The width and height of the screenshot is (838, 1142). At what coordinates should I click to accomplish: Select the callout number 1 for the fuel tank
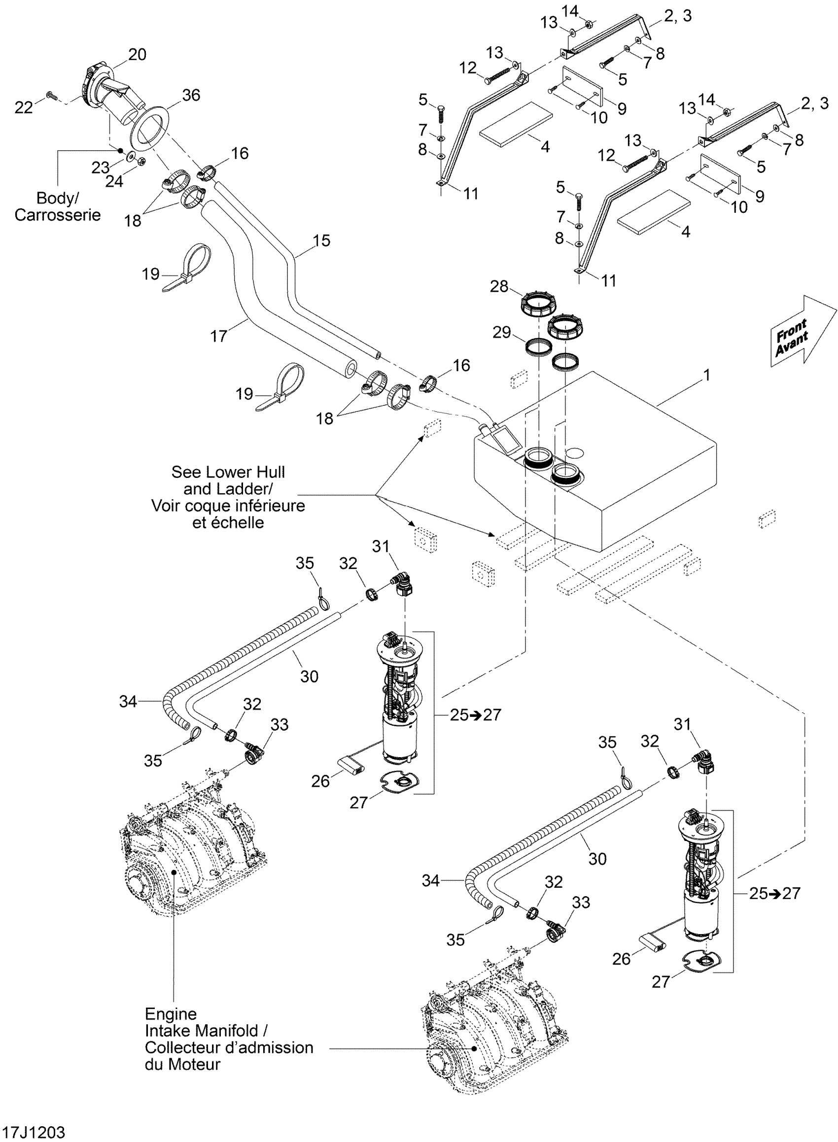pyautogui.click(x=706, y=375)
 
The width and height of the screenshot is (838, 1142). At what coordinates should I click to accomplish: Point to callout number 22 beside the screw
pyautogui.click(x=23, y=107)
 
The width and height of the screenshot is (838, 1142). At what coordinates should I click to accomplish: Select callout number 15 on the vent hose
pyautogui.click(x=321, y=240)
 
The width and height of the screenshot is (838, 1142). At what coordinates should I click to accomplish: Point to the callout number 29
pyautogui.click(x=502, y=333)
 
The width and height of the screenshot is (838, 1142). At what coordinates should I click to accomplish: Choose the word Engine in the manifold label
pyautogui.click(x=171, y=1014)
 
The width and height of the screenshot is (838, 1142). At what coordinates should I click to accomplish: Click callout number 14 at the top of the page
pyautogui.click(x=570, y=10)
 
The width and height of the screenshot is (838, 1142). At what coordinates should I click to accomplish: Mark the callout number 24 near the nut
pyautogui.click(x=114, y=181)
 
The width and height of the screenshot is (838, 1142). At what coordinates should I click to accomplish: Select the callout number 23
pyautogui.click(x=100, y=168)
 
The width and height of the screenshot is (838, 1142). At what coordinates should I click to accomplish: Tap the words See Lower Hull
pyautogui.click(x=228, y=472)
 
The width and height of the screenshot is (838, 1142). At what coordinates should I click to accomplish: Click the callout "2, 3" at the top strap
pyautogui.click(x=678, y=16)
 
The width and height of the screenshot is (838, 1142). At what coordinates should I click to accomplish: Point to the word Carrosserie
pyautogui.click(x=57, y=215)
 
